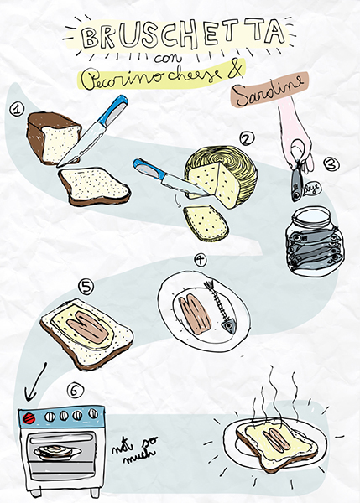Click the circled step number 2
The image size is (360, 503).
point(246,138)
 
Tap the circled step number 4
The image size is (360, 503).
point(200,260)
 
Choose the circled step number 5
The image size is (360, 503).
point(86,287)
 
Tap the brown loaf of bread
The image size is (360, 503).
point(53,137)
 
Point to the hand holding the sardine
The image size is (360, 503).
point(295,138)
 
